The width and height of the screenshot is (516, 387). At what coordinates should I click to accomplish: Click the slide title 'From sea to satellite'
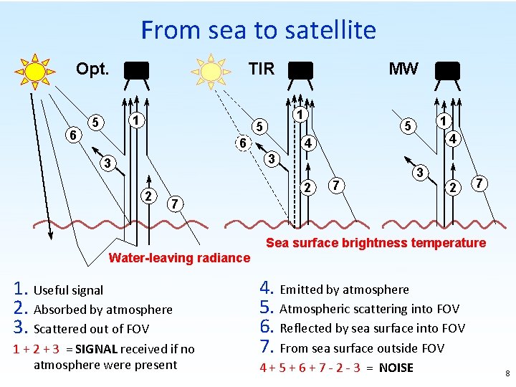pyautogui.click(x=258, y=30)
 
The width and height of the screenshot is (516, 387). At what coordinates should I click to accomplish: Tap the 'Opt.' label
pyautogui.click(x=92, y=70)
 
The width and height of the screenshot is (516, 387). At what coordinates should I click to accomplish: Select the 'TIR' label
pyautogui.click(x=261, y=69)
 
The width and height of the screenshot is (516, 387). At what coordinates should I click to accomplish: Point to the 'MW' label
pyautogui.click(x=403, y=69)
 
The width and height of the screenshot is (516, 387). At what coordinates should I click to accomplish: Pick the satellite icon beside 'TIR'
pyautogui.click(x=301, y=70)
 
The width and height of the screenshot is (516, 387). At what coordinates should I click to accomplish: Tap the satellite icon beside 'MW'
pyautogui.click(x=447, y=70)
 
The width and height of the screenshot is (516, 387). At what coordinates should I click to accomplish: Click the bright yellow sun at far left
pyautogui.click(x=34, y=71)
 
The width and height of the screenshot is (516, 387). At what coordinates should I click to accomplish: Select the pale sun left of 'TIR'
pyautogui.click(x=211, y=71)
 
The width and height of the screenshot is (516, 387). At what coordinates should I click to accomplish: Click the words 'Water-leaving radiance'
pyautogui.click(x=179, y=258)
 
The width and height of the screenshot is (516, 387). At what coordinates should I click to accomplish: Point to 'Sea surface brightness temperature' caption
pyautogui.click(x=376, y=243)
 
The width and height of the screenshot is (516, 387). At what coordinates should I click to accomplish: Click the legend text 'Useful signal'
pyautogui.click(x=68, y=290)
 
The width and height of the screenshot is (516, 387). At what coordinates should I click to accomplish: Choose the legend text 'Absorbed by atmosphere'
pyautogui.click(x=103, y=310)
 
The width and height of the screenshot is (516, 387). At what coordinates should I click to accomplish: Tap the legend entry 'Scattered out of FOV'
pyautogui.click(x=91, y=329)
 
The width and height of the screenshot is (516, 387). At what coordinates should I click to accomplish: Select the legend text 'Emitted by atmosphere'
pyautogui.click(x=344, y=290)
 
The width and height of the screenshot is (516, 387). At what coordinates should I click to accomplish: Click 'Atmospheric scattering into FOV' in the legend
pyautogui.click(x=369, y=309)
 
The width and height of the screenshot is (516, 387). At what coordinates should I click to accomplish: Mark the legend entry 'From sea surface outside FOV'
pyautogui.click(x=362, y=348)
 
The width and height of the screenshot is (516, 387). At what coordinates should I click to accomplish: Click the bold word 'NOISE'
pyautogui.click(x=396, y=368)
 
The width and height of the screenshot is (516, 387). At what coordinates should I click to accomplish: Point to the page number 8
pyautogui.click(x=506, y=373)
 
